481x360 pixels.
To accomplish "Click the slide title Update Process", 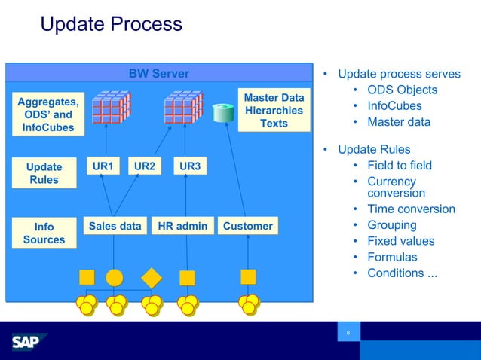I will pyautogui.click(x=111, y=24).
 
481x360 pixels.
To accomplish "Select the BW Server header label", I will pyautogui.click(x=158, y=73).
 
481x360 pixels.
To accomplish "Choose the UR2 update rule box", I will pyautogui.click(x=145, y=166).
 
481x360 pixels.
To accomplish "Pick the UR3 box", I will pyautogui.click(x=189, y=166).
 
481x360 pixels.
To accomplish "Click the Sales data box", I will pyautogui.click(x=115, y=226).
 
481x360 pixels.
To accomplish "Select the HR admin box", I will pyautogui.click(x=182, y=226).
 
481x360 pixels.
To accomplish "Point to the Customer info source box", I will pyautogui.click(x=248, y=226).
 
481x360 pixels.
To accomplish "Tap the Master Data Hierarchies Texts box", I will pyautogui.click(x=274, y=110).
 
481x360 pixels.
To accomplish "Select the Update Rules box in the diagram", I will pyautogui.click(x=44, y=173).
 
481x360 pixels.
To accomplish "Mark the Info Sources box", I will pyautogui.click(x=44, y=233).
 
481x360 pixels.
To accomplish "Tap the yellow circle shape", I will pyautogui.click(x=115, y=276).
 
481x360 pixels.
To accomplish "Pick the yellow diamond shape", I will pyautogui.click(x=152, y=276).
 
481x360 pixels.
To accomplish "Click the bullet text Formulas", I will pyautogui.click(x=392, y=257).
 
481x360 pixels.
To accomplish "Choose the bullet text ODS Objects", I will pyautogui.click(x=402, y=90).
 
